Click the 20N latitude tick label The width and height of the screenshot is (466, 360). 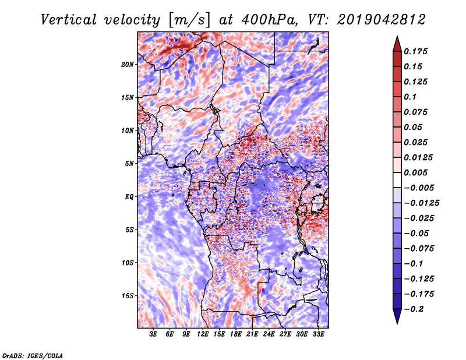128,65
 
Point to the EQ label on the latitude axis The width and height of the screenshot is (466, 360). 129,197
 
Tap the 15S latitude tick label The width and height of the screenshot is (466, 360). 128,296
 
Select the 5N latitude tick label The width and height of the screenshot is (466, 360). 129,164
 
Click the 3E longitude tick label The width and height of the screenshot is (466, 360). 153,334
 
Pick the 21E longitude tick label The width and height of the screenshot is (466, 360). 252,334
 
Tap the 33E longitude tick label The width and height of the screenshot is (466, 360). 318,334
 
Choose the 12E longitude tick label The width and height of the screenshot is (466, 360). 203,334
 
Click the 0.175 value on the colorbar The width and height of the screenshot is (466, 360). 415,51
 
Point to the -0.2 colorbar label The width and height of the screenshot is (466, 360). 413,309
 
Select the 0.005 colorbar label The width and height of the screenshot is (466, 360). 415,172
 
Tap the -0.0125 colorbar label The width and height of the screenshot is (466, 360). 421,203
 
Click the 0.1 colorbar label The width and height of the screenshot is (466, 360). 410,97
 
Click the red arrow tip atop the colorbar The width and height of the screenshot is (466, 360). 397,36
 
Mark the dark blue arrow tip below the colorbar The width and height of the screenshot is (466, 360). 397,323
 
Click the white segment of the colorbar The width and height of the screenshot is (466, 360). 397,180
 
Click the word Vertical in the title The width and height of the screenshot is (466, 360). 69,20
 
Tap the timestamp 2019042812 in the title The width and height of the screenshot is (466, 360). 382,20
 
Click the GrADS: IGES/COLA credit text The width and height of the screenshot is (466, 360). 33,356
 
